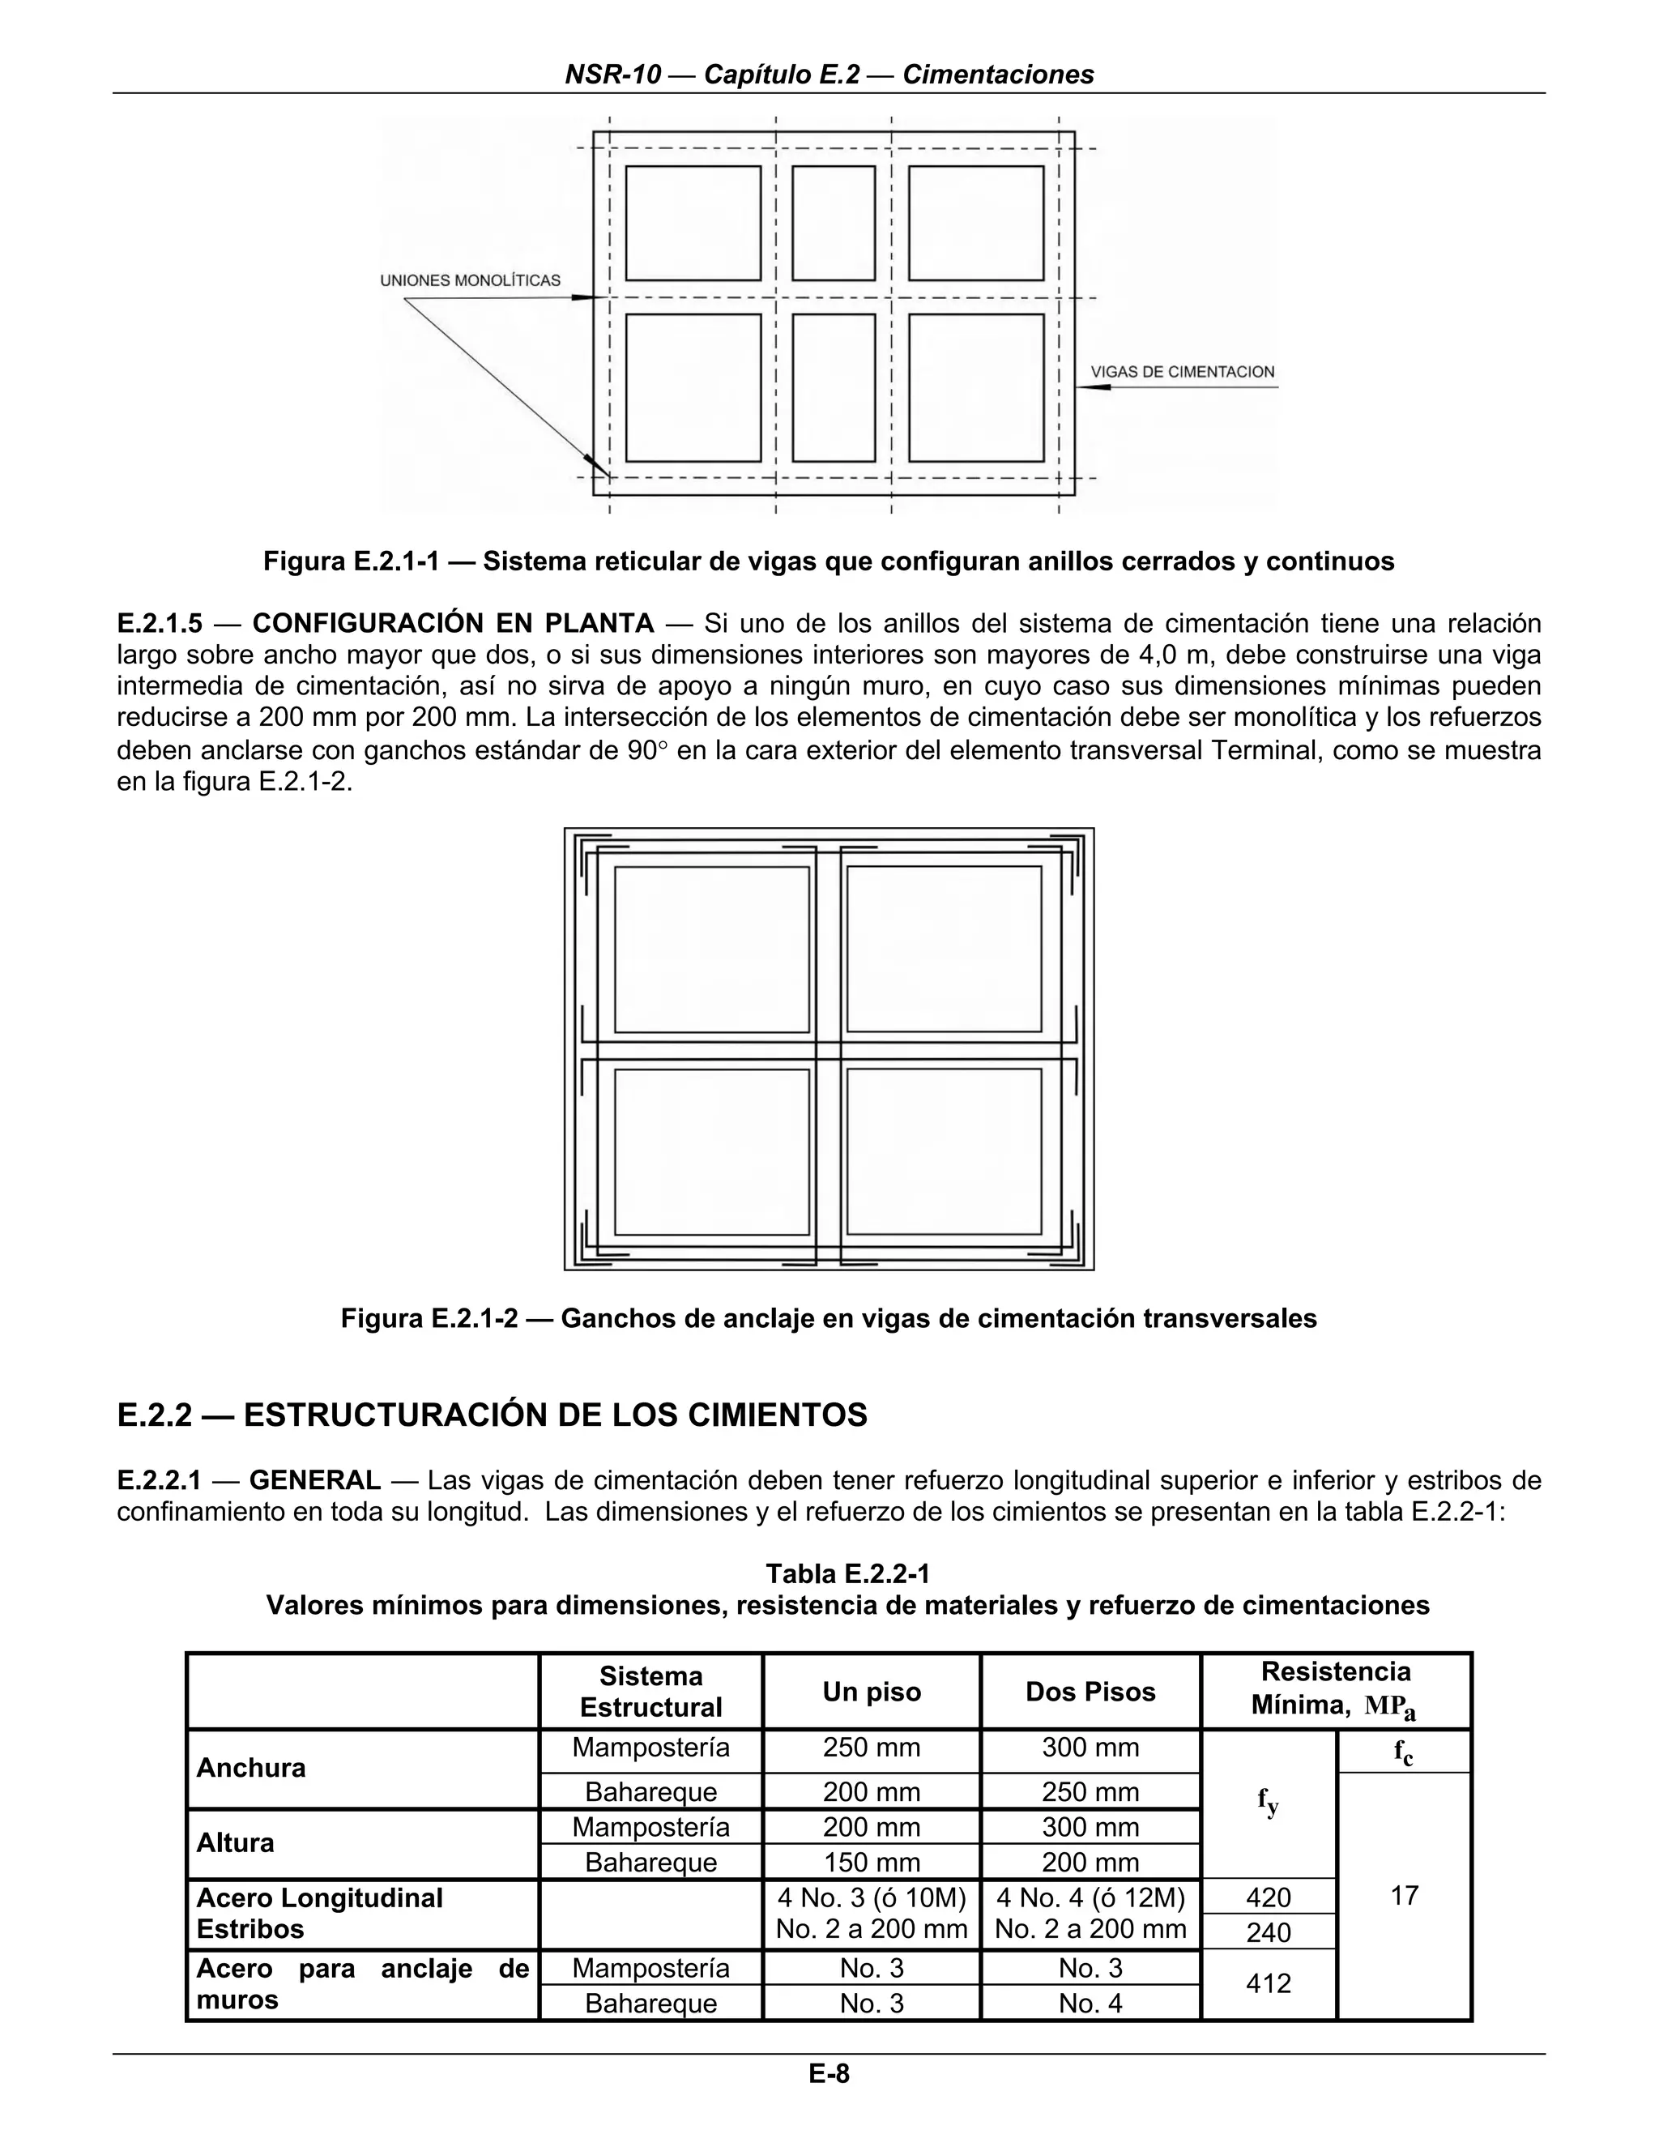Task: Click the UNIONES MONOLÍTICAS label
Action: point(470,280)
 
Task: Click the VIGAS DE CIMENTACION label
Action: point(1183,372)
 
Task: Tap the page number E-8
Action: point(829,2073)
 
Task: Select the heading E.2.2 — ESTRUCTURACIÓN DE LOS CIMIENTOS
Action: point(492,1415)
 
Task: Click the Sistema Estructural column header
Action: point(650,1691)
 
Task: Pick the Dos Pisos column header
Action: point(1090,1691)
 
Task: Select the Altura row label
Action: point(235,1842)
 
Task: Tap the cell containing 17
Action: point(1405,1895)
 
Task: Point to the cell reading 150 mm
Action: point(871,1862)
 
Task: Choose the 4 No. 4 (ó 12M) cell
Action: point(1090,1897)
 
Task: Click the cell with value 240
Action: point(1268,1932)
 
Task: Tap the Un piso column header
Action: point(871,1691)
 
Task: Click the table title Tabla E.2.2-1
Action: point(847,1574)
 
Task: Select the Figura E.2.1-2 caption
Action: point(829,1318)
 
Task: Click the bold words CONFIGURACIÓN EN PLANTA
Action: point(453,623)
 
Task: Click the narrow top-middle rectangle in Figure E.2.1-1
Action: point(834,223)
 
